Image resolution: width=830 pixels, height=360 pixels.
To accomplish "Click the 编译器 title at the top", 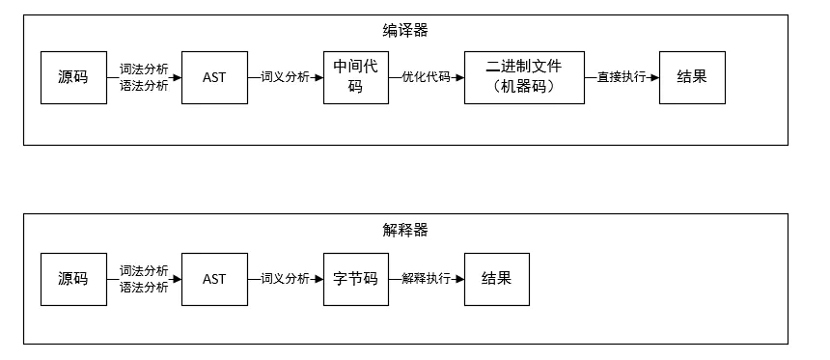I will (405, 31).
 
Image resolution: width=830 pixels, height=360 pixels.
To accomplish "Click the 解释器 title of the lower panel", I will (405, 230).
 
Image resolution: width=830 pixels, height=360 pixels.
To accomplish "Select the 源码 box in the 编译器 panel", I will (72, 77).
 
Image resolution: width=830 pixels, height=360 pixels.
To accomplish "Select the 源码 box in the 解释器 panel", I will (72, 279).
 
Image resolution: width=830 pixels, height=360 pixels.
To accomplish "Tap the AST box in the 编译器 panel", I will (214, 77).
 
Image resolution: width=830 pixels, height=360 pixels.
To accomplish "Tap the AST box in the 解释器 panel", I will (214, 279).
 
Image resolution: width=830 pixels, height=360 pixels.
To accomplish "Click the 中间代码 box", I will (355, 77).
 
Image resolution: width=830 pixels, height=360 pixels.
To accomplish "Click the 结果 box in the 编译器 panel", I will (691, 77).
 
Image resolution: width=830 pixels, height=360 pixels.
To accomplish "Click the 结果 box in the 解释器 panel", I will (496, 279).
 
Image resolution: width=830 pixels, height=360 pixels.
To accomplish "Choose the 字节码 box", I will (355, 279).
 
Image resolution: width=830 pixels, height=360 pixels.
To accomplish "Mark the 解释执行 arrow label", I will (426, 279).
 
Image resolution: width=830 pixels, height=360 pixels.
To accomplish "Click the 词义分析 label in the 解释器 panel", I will (285, 279).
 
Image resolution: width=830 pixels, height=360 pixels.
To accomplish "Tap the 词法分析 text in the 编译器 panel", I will (144, 69).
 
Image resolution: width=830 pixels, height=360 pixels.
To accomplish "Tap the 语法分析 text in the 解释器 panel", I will (144, 288).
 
